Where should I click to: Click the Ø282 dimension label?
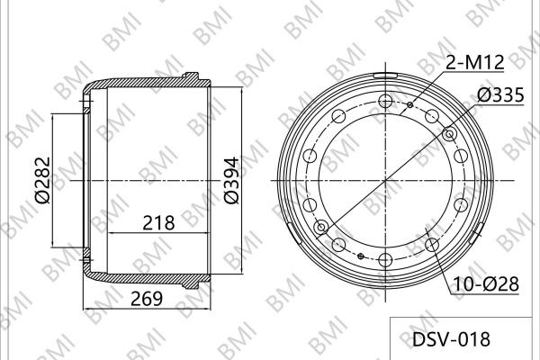click(43, 181)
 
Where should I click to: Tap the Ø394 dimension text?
click(231, 181)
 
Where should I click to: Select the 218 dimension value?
click(158, 222)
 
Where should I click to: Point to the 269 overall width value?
click(147, 298)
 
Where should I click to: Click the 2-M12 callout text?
click(475, 62)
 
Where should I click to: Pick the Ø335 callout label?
click(500, 94)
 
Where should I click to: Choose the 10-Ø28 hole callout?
click(486, 284)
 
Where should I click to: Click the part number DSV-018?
click(451, 339)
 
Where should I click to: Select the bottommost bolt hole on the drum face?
click(385, 259)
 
